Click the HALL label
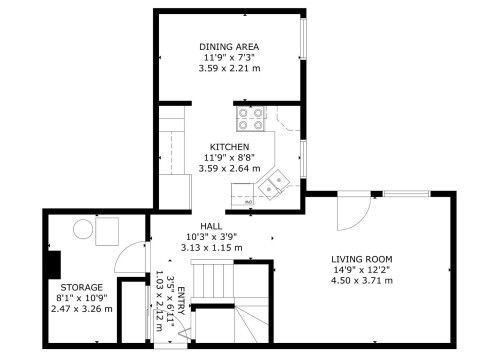pyautogui.click(x=211, y=226)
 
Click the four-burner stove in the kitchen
pyautogui.click(x=250, y=119)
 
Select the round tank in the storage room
pyautogui.click(x=80, y=231)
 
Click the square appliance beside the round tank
pyautogui.click(x=106, y=231)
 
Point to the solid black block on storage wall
pyautogui.click(x=53, y=265)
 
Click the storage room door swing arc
pyautogui.click(x=127, y=259)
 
